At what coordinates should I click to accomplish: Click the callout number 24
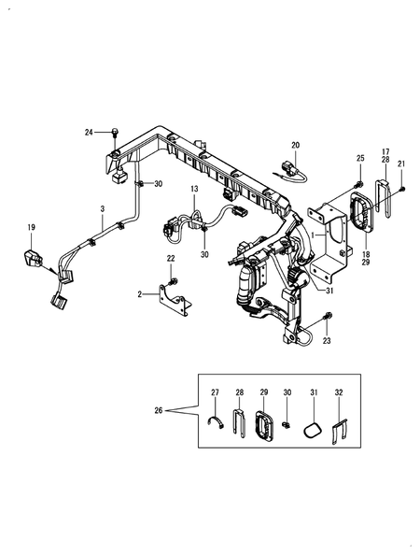click(x=89, y=133)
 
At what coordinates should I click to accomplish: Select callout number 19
click(x=32, y=227)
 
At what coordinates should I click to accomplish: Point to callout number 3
click(x=103, y=209)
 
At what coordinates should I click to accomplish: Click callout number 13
click(x=194, y=189)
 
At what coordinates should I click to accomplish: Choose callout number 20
click(x=295, y=145)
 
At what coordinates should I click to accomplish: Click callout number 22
click(x=171, y=259)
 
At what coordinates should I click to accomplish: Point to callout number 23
click(x=327, y=340)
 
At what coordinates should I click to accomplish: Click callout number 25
click(x=360, y=158)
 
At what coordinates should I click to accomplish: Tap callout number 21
click(x=401, y=164)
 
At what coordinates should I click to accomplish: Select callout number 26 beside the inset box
click(x=159, y=410)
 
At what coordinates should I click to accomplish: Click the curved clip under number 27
click(x=216, y=422)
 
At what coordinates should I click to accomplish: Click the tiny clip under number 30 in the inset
click(x=286, y=424)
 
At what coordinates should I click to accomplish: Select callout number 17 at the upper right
click(x=385, y=151)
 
